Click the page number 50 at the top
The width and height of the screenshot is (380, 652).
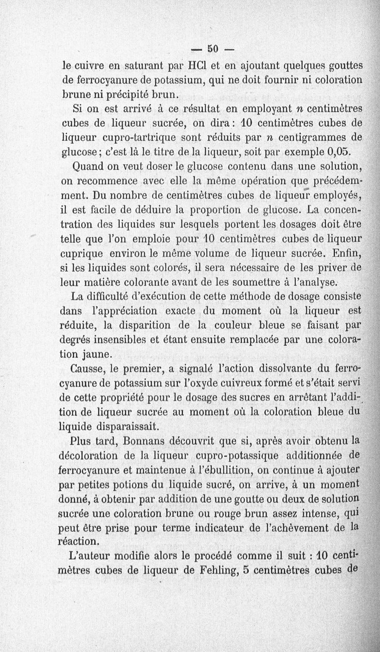[213, 48]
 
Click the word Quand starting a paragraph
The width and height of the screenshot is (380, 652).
[87, 167]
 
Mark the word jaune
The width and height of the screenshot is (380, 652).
[97, 354]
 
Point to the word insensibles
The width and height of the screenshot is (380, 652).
[126, 340]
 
